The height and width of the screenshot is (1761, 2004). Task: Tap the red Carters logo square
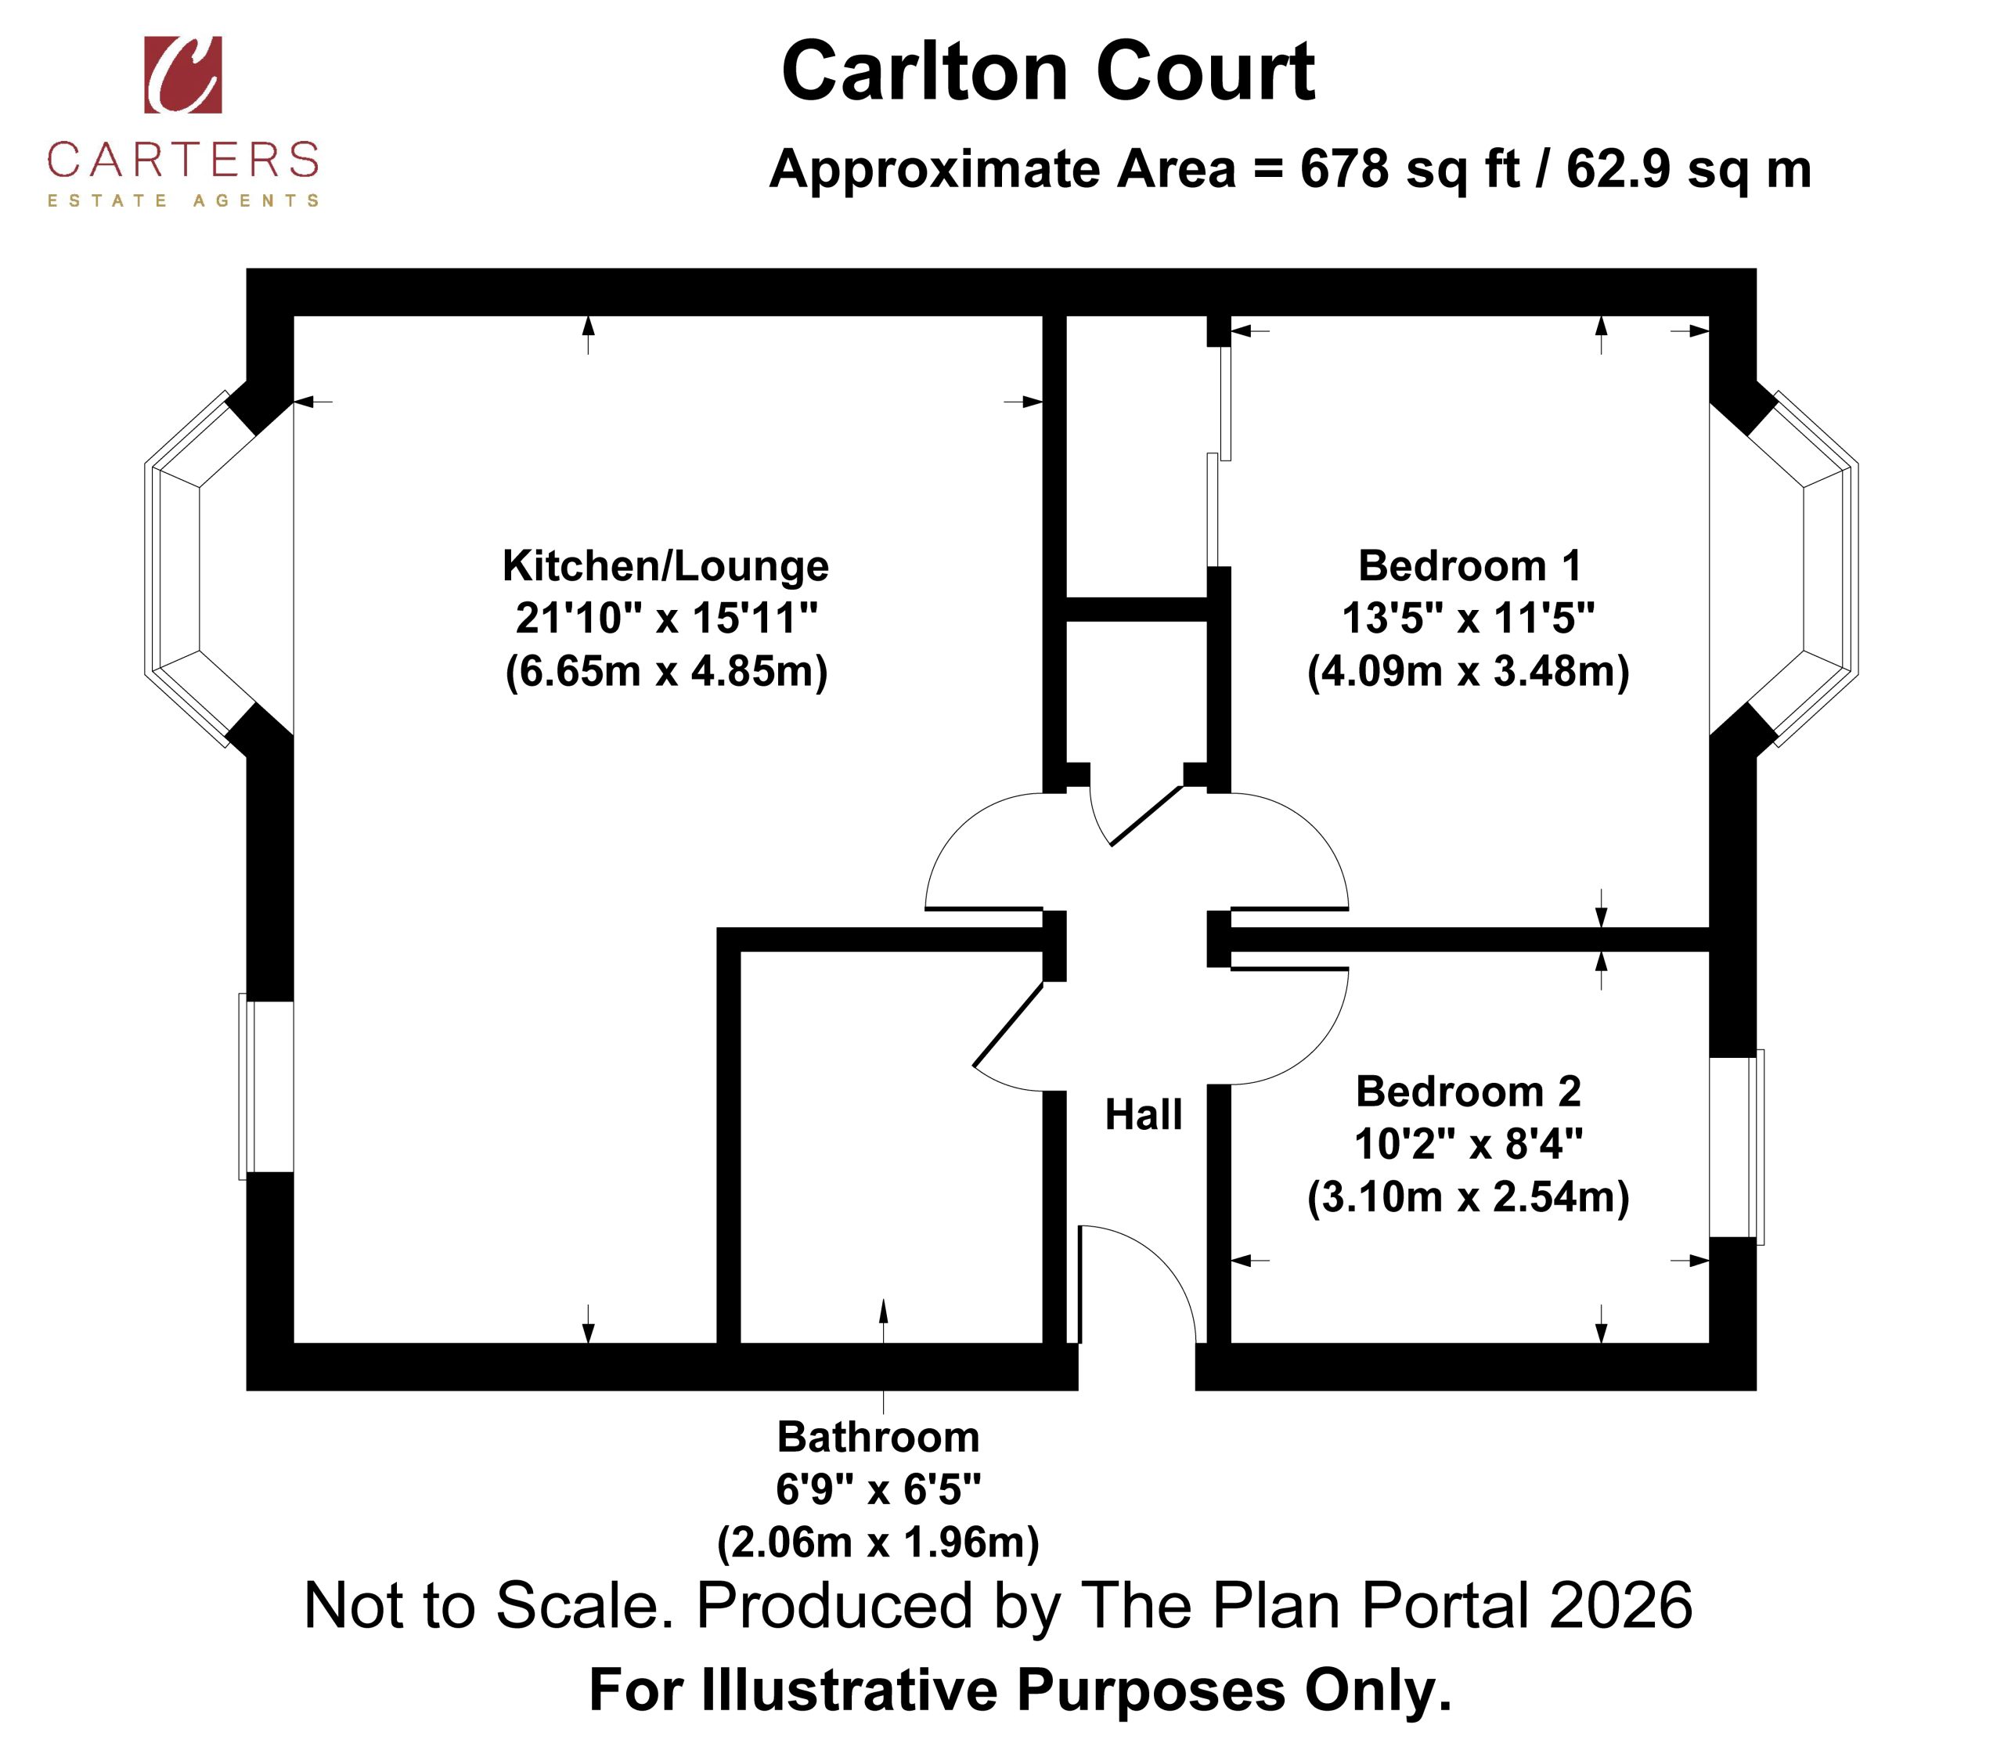[183, 75]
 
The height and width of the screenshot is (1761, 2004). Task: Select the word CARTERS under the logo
[183, 160]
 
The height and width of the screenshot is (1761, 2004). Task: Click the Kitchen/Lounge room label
[665, 566]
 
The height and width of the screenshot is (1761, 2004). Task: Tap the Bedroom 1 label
[1469, 566]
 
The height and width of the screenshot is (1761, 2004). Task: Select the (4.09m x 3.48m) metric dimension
[1469, 672]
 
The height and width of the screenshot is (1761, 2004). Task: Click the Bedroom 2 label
[1469, 1092]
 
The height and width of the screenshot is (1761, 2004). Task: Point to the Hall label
[1143, 1115]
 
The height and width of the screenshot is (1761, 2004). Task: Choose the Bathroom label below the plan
[878, 1438]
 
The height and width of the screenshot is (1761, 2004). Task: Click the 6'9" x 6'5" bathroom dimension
[878, 1490]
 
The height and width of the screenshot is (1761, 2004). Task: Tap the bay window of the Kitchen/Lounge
[218, 568]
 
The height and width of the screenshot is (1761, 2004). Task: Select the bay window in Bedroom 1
[1784, 568]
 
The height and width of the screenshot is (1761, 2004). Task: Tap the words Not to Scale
[488, 1606]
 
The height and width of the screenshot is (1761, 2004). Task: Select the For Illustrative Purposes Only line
[1020, 1691]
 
